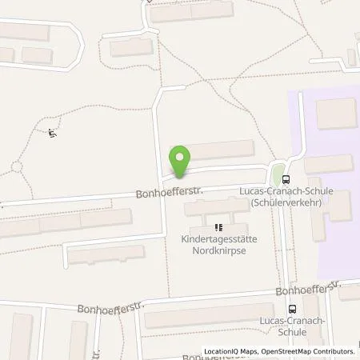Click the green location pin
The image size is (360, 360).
(181, 160)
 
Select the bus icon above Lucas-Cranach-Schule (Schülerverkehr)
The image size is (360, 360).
(287, 179)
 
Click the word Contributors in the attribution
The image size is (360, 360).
(334, 351)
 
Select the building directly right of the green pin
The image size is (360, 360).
(220, 150)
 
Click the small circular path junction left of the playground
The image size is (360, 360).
(16, 167)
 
